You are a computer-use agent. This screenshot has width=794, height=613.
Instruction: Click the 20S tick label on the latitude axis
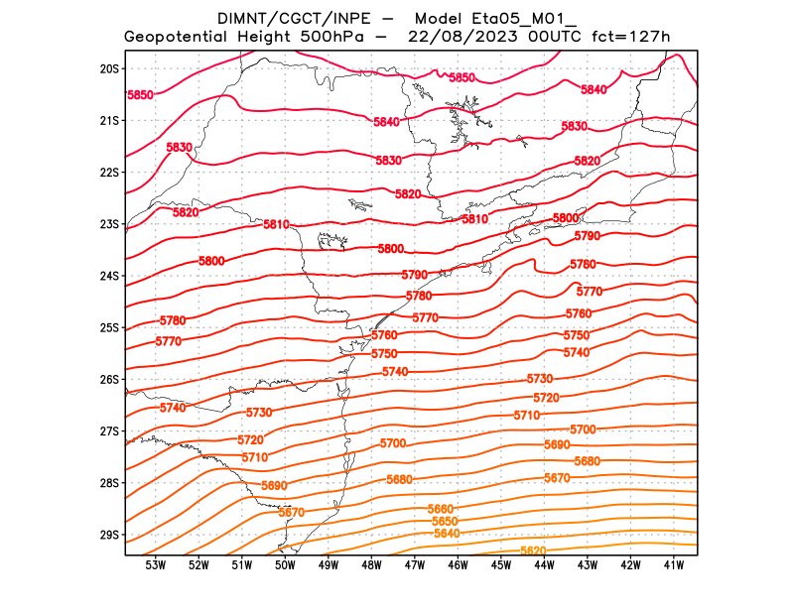[x=109, y=68]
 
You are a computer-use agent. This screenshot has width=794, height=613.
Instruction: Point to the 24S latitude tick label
[x=109, y=276]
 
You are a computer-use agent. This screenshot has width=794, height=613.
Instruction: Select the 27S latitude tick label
[x=109, y=431]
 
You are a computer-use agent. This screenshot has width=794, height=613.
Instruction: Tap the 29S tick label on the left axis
[x=109, y=535]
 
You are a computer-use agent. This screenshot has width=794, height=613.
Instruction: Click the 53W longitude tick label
[x=155, y=565]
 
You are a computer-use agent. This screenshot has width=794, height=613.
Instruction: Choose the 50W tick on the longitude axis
[x=285, y=565]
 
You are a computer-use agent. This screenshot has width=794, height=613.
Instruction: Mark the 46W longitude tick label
[x=458, y=565]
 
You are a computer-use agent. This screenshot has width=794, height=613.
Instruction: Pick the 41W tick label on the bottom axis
[x=674, y=565]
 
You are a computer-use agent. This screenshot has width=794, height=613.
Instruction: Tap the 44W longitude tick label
[x=544, y=565]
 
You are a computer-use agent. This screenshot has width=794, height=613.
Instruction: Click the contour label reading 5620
[x=534, y=552]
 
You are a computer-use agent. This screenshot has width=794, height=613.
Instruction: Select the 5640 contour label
[x=448, y=534]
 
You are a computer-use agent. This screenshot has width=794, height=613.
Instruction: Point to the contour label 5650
[x=445, y=522]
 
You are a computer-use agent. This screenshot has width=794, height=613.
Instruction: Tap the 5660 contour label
[x=441, y=509]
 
